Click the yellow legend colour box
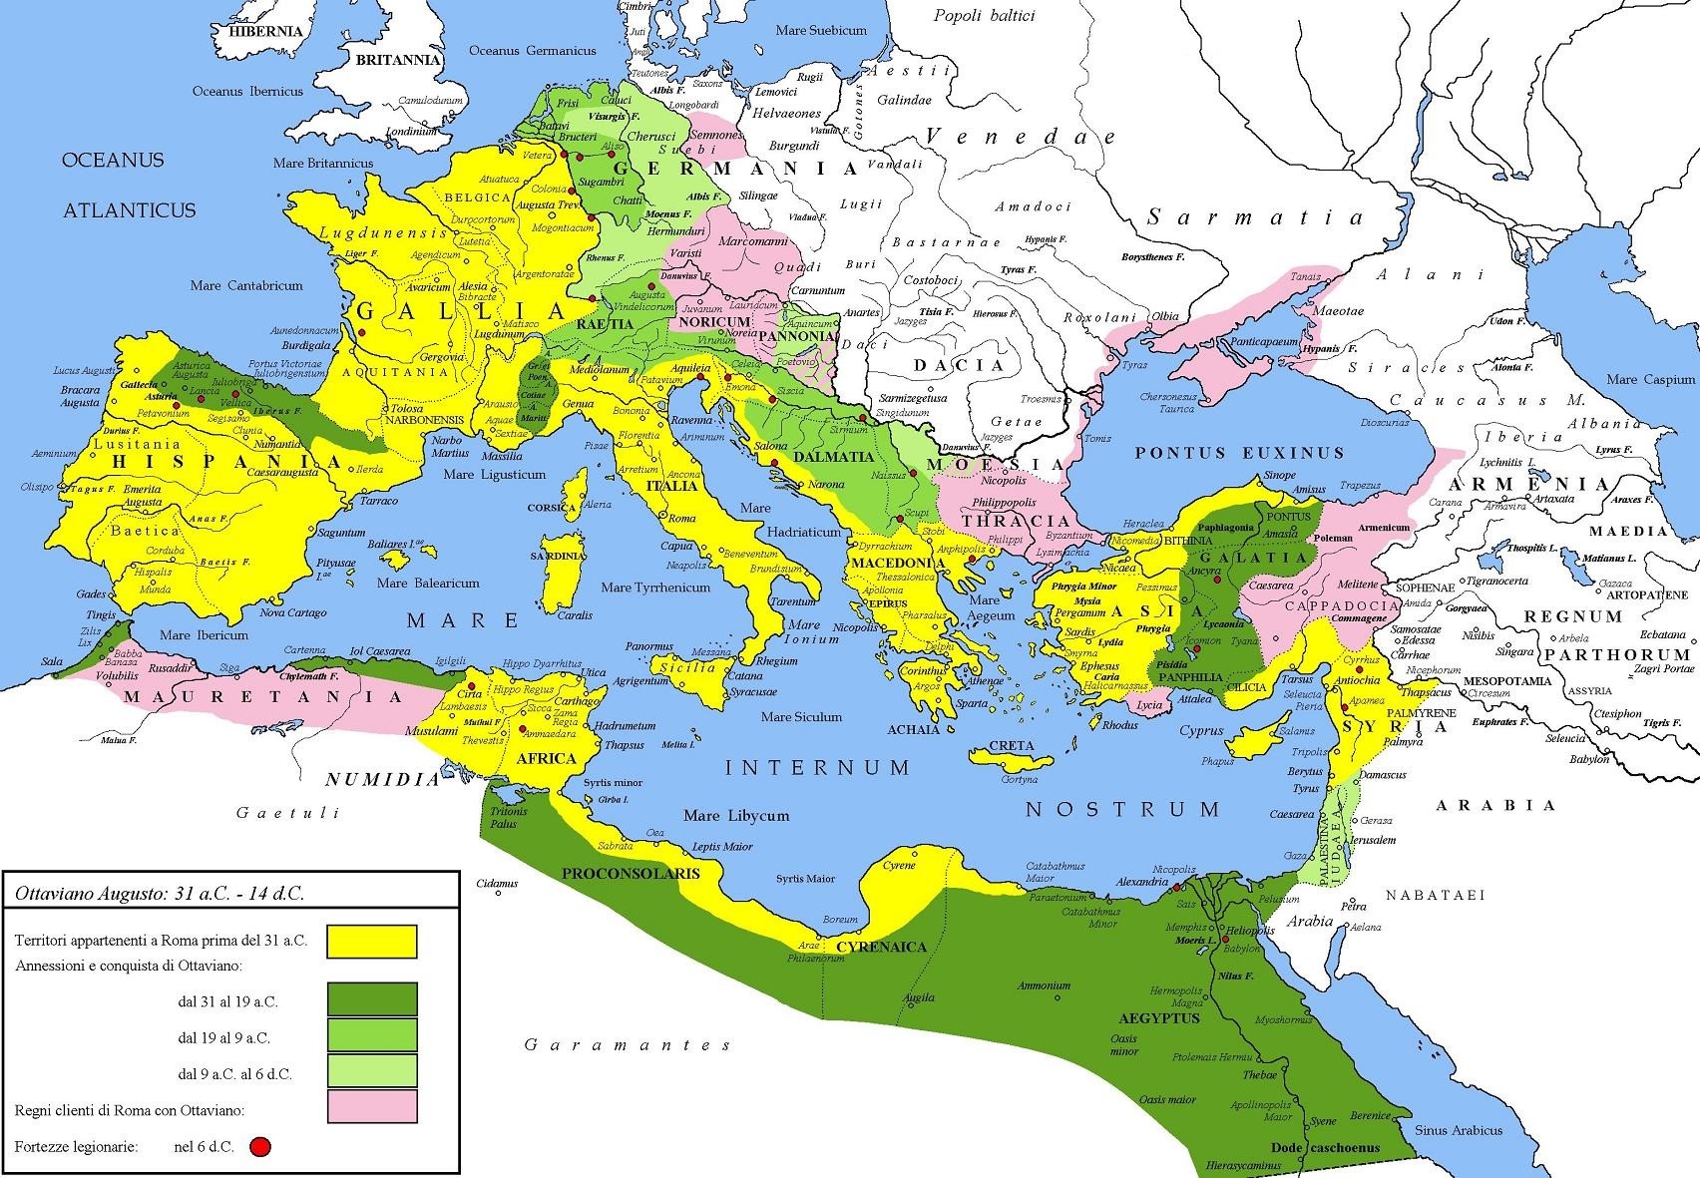pos(371,941)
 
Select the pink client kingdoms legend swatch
pos(371,1106)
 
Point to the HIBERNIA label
pos(265,31)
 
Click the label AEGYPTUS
pos(1159,1018)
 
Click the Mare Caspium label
pos(1650,379)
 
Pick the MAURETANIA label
pos(262,696)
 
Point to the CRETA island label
pos(1012,746)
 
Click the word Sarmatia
pos(1254,217)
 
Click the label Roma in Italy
pos(681,519)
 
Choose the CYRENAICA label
pos(881,947)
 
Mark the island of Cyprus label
pos(1200,730)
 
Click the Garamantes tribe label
pos(627,1044)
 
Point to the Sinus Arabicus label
pos(1458,1130)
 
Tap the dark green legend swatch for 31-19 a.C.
pos(371,998)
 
